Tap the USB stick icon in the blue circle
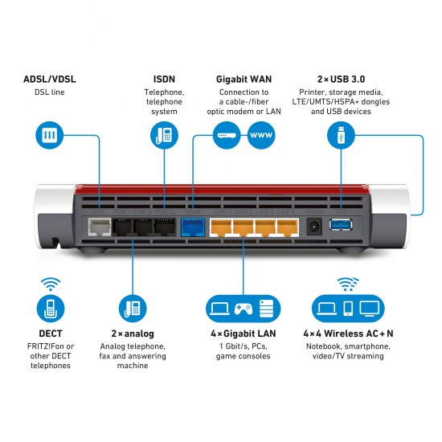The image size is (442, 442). click(x=342, y=135)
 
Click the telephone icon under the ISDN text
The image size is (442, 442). click(x=164, y=135)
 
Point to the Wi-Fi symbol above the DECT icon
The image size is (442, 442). click(x=50, y=284)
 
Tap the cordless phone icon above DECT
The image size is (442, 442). click(x=50, y=308)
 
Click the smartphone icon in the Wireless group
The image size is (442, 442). click(x=347, y=307)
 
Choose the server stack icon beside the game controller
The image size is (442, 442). click(x=268, y=307)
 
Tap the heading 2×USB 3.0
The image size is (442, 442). click(x=342, y=79)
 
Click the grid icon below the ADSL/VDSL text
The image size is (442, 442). click(x=50, y=135)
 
